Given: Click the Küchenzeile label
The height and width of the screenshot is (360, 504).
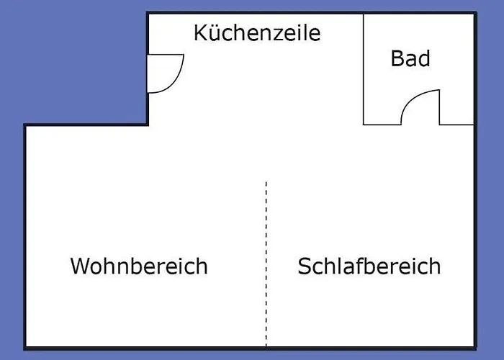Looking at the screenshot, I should tap(256, 33).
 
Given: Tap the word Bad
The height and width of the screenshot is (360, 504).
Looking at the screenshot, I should tap(410, 58).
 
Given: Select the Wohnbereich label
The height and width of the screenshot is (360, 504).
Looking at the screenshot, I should tap(139, 266).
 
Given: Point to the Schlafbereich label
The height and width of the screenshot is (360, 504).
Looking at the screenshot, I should tap(369, 266).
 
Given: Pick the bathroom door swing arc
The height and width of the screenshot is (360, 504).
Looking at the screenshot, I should tap(410, 101).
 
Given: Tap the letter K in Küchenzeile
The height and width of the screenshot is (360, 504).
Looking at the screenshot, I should tap(201, 32).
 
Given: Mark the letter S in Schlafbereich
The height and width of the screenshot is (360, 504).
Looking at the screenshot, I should tap(305, 266).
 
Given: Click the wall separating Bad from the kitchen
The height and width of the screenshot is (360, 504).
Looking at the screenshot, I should tap(364, 68).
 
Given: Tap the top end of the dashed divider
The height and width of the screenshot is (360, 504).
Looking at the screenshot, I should tap(266, 183).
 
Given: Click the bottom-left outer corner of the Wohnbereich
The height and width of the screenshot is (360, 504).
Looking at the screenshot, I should tap(25, 348).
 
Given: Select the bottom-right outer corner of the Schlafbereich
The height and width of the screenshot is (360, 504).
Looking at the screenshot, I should tap(474, 348).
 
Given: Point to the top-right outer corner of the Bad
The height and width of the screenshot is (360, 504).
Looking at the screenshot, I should tap(474, 13).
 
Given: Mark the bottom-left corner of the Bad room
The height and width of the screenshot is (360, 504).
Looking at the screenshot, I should tap(364, 125).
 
